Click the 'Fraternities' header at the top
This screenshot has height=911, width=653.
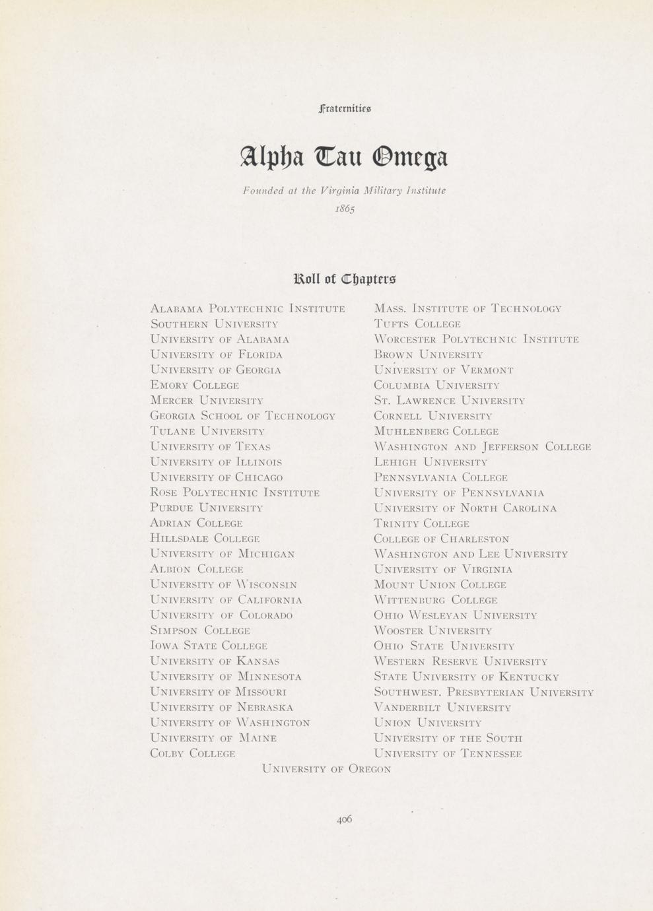coord(345,108)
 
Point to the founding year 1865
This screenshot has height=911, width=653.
coord(345,209)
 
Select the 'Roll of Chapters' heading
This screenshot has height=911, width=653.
coord(345,278)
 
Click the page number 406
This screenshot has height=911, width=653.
coord(344,819)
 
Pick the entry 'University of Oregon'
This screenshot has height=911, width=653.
coord(326,769)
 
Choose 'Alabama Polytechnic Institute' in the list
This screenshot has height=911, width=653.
coord(248,308)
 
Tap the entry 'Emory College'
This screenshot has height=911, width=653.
coord(195,385)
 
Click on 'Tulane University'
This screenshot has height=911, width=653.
coord(207,431)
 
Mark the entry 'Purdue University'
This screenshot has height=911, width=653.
coord(207,508)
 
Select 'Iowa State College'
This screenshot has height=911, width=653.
coord(209,646)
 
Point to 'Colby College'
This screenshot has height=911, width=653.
coord(193,753)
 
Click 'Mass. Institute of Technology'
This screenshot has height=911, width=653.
coord(467,308)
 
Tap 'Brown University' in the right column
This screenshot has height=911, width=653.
coord(429,354)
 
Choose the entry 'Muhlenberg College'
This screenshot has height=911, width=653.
coord(436,431)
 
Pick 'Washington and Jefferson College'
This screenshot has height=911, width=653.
coord(482,447)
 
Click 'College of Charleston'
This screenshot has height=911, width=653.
coord(441,539)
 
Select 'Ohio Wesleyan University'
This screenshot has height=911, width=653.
coord(455,615)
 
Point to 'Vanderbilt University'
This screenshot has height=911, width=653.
coord(442,708)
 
